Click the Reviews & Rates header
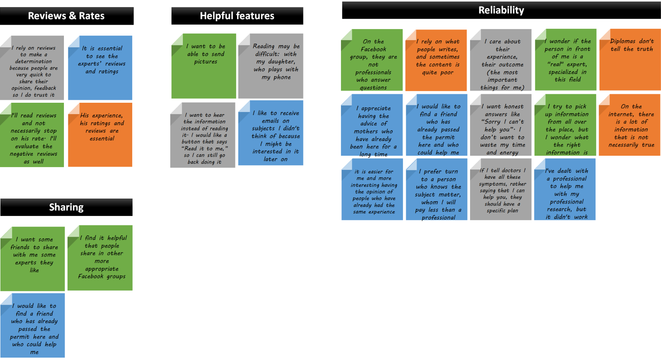(66, 16)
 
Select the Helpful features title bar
(237, 16)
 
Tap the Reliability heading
(501, 11)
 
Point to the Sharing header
(66, 208)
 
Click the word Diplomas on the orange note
(623, 41)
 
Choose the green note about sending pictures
(204, 66)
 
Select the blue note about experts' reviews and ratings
(100, 68)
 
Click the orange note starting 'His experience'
(100, 135)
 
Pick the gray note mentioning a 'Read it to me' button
(203, 135)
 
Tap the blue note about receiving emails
(271, 133)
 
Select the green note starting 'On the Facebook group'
(372, 60)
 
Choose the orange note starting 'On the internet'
(629, 125)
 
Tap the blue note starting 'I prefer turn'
(436, 190)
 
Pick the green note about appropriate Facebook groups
(100, 258)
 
